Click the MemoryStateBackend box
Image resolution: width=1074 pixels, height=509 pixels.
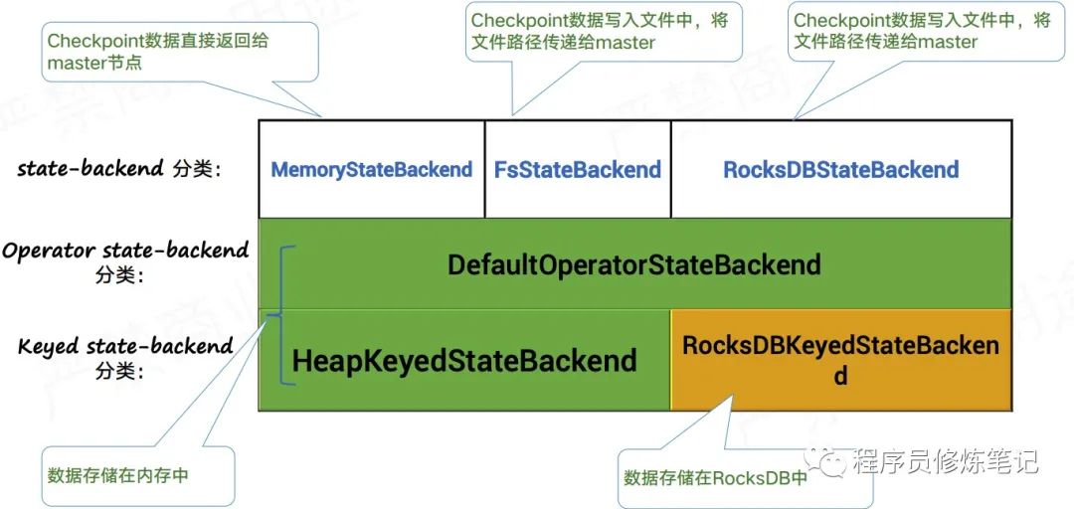(x=371, y=169)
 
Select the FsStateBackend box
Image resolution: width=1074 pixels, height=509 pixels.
(x=578, y=169)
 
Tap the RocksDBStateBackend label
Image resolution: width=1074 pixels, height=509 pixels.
(x=841, y=169)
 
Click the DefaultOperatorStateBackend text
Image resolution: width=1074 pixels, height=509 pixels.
(x=634, y=264)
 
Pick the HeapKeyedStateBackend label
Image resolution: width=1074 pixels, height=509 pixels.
(x=464, y=360)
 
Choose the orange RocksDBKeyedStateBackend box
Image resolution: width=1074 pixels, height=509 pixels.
(x=841, y=360)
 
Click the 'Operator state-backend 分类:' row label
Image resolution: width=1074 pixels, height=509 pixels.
(x=124, y=261)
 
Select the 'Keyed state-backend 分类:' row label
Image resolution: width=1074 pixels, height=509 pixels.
(x=124, y=358)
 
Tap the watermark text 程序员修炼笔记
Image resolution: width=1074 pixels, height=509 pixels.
(x=945, y=461)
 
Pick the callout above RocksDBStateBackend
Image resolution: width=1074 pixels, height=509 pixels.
(x=922, y=31)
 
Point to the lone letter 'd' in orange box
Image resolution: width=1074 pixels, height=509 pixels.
(x=841, y=377)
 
